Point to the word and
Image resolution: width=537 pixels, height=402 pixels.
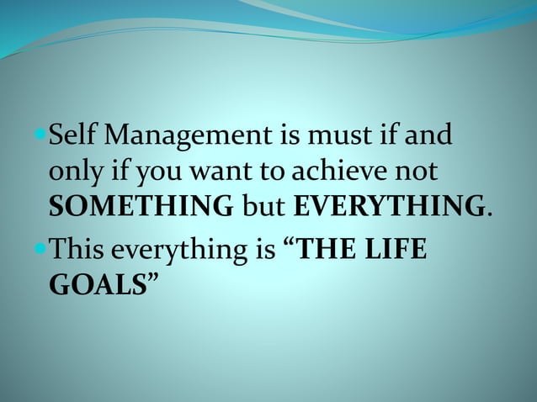(x=432, y=135)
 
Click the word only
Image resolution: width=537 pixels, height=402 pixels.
(x=72, y=172)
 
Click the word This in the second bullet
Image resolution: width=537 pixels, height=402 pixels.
(x=81, y=250)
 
